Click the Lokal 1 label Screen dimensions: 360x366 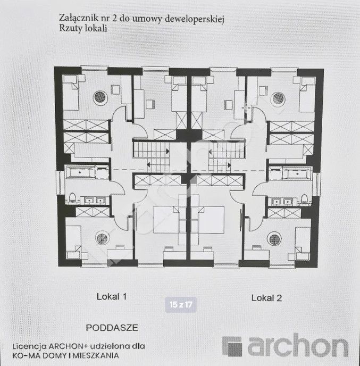tap(112, 297)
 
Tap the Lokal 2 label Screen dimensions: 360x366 tap(266, 298)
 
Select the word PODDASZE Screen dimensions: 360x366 tap(112, 328)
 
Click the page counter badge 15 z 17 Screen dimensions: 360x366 tap(181, 305)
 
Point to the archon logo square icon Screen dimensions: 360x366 tap(232, 346)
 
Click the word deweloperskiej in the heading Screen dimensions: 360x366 tap(194, 19)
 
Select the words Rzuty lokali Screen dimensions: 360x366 tap(83, 28)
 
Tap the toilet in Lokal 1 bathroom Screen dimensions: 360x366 tap(72, 197)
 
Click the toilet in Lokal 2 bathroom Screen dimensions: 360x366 tap(304, 198)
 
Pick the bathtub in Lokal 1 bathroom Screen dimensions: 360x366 tap(80, 172)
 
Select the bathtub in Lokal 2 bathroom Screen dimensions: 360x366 tap(297, 174)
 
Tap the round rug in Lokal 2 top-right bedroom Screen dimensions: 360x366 tap(278, 98)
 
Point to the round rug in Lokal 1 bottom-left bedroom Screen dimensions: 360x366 tap(102, 238)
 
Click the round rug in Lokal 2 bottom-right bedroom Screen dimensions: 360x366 tap(274, 239)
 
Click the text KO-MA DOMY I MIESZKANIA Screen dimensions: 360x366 tap(65, 356)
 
